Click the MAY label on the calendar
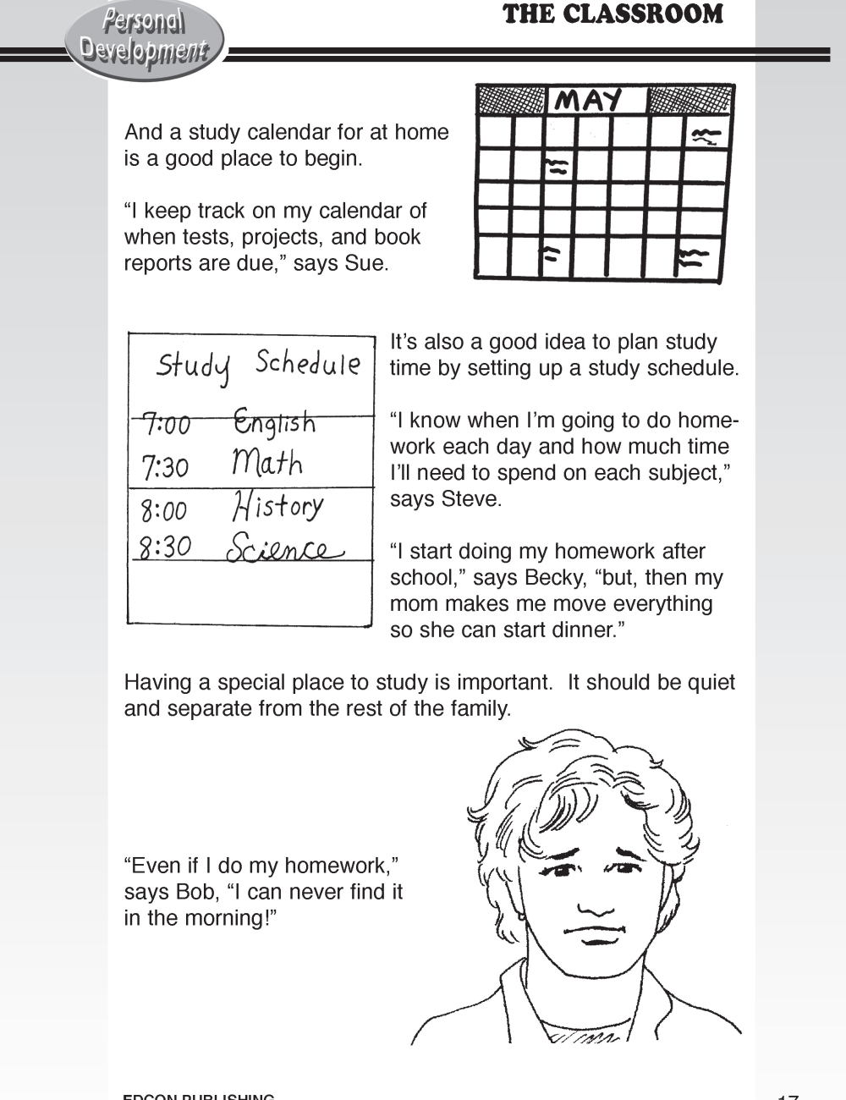tap(590, 101)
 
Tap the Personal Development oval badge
tap(144, 37)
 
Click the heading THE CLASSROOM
tap(613, 14)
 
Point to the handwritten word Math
tap(266, 463)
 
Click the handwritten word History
tap(277, 506)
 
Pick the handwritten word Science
tap(283, 547)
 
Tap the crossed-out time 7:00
tap(166, 423)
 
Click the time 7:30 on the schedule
tap(165, 466)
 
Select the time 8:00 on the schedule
tap(163, 510)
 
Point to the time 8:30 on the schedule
tap(165, 547)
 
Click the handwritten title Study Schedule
tap(258, 366)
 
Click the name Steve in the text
tap(470, 499)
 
